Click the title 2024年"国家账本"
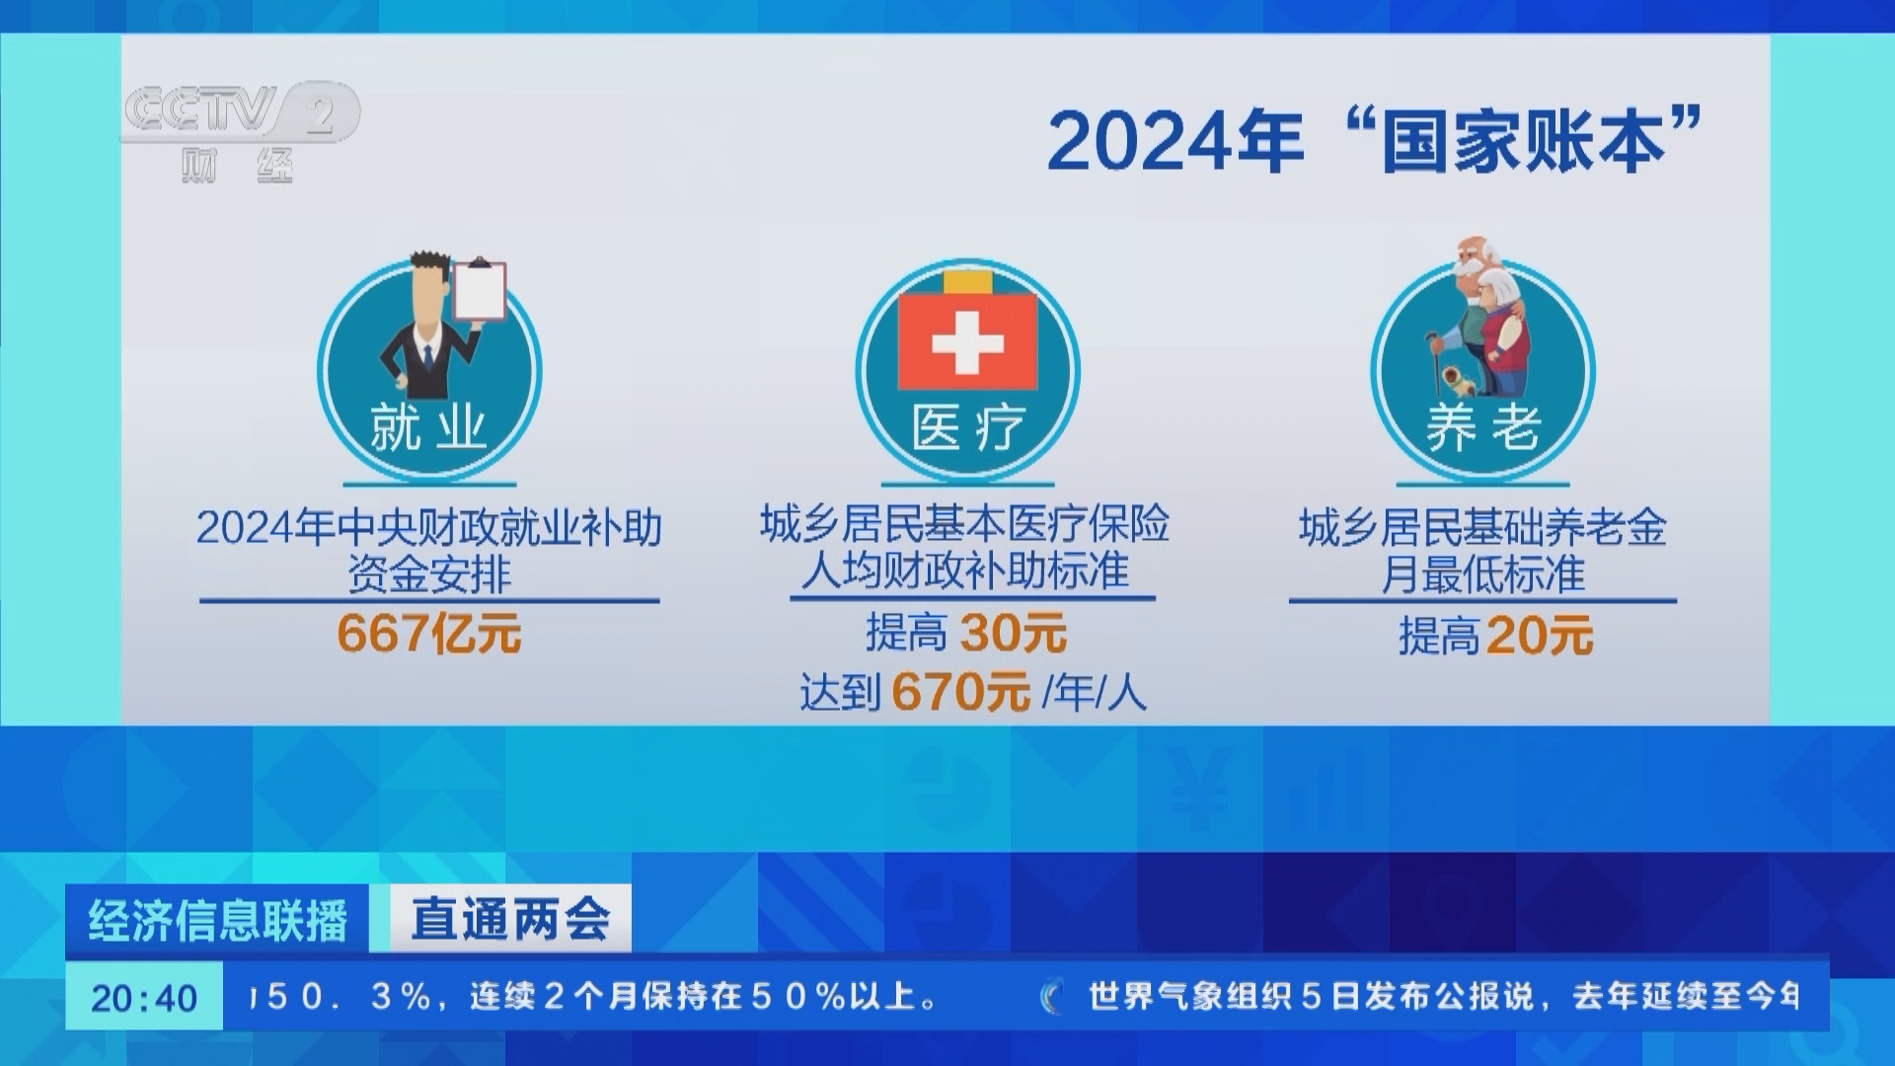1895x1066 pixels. click(x=1375, y=141)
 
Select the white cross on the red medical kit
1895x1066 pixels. click(x=967, y=343)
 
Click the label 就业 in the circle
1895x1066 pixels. click(x=428, y=427)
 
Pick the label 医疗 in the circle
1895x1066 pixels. click(x=968, y=427)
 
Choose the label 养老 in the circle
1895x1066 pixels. click(x=1482, y=427)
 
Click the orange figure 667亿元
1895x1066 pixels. click(x=429, y=633)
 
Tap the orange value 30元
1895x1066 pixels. click(x=1014, y=633)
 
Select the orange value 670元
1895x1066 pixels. click(x=960, y=691)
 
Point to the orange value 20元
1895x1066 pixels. click(x=1539, y=635)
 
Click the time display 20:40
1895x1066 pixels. click(x=144, y=998)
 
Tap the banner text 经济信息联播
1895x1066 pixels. click(x=218, y=920)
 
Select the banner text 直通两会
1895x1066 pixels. click(x=510, y=919)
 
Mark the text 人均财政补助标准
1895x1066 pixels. click(x=964, y=571)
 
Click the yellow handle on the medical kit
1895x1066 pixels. click(x=967, y=280)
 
